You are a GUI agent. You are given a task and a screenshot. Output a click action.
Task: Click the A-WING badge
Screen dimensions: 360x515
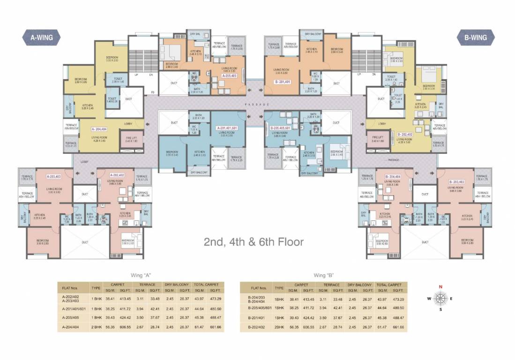41,37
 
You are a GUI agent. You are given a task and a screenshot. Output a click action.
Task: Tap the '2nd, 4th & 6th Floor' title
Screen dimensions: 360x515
254,242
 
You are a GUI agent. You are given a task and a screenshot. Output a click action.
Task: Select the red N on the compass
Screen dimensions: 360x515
440,287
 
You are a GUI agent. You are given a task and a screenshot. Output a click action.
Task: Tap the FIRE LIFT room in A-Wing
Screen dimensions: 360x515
131,139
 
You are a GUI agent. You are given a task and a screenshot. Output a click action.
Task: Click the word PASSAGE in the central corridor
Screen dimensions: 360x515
257,104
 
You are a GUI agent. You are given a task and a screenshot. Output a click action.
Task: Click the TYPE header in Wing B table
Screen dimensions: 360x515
279,287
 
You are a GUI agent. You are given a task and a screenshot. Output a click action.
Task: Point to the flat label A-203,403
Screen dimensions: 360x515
54,177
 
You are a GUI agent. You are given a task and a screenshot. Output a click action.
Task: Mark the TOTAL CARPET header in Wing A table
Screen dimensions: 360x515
206,285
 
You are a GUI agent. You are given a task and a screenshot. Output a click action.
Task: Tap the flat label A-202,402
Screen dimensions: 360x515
117,175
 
